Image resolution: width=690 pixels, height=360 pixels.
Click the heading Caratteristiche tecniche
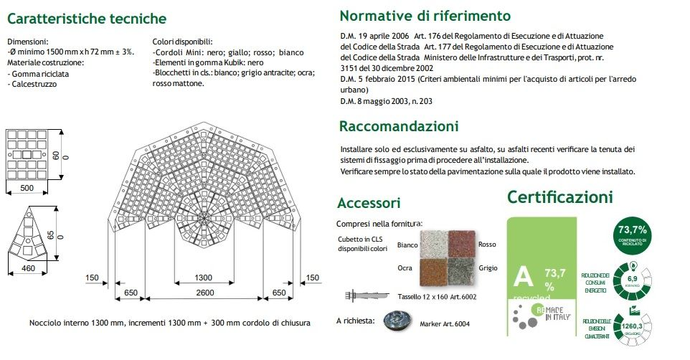(x=87, y=19)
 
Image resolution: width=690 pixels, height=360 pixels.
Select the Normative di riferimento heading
(x=425, y=16)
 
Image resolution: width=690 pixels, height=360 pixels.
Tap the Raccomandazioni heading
(x=399, y=126)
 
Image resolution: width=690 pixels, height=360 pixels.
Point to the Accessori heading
(x=369, y=203)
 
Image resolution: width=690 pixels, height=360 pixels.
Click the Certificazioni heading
(x=560, y=196)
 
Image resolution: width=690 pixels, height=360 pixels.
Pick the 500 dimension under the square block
(x=27, y=188)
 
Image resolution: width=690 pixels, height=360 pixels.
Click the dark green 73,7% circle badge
(x=632, y=234)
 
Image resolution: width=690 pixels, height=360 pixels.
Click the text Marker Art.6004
(x=450, y=323)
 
